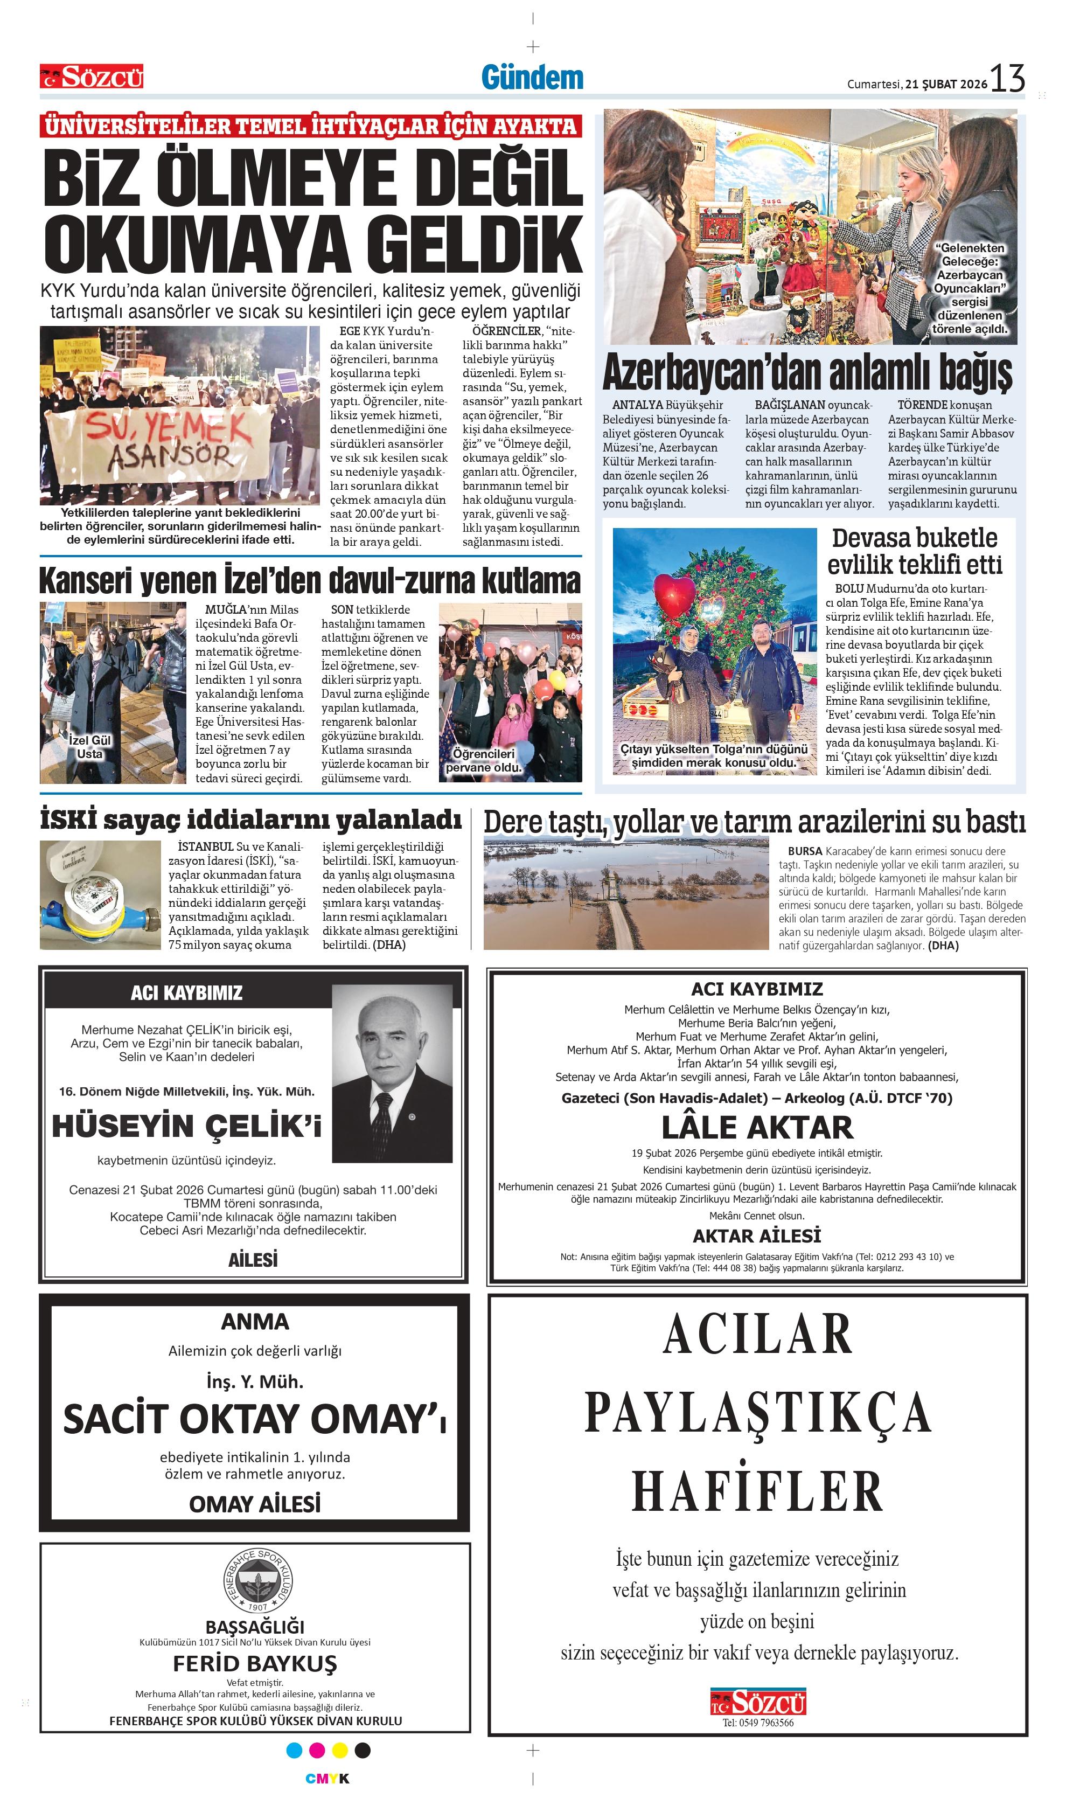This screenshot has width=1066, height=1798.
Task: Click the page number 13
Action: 1007,78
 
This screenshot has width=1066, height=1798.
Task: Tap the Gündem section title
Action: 532,78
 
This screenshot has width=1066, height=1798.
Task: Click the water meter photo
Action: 101,895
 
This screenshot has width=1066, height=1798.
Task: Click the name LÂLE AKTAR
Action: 757,1128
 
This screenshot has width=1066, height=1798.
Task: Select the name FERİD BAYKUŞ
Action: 255,1664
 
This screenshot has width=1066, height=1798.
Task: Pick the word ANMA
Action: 255,1322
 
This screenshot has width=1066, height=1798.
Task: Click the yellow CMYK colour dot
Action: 340,1751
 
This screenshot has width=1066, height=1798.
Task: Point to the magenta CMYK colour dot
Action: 317,1751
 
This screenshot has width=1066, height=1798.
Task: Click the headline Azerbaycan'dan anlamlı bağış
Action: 807,373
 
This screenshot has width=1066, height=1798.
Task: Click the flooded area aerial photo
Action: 626,894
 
